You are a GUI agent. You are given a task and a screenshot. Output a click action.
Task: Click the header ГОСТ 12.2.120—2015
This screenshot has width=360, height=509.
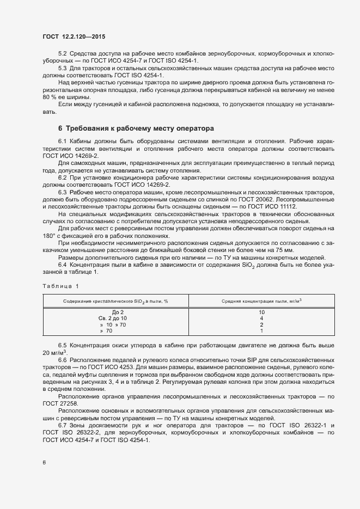click(74, 36)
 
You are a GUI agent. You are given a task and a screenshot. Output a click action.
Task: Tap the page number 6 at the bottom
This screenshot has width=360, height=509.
click(44, 463)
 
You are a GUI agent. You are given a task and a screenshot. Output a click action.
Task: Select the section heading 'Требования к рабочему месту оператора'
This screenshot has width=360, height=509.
click(136, 129)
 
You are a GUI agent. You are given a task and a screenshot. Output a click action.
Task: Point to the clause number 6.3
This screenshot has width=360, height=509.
click(63, 193)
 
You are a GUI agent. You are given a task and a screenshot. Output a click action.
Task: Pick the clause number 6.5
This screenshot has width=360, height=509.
click(63, 346)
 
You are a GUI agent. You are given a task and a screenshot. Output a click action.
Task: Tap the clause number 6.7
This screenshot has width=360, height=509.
click(63, 424)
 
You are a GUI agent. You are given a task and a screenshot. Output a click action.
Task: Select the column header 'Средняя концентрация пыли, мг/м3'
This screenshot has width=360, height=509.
click(261, 301)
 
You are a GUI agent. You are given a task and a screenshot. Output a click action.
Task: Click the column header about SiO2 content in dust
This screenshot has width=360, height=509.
click(115, 301)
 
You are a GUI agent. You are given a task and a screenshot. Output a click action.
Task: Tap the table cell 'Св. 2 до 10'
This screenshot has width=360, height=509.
click(113, 318)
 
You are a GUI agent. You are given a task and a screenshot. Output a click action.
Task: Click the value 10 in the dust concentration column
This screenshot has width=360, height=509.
click(261, 311)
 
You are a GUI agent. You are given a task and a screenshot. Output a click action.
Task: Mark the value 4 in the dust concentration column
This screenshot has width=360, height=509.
click(261, 318)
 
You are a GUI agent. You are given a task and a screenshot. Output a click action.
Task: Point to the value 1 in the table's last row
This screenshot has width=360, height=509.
click(261, 330)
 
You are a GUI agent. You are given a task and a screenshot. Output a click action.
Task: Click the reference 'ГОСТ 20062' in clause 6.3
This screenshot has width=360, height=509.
click(250, 200)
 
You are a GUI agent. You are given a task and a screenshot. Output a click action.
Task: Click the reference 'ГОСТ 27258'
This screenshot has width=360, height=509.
click(60, 403)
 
